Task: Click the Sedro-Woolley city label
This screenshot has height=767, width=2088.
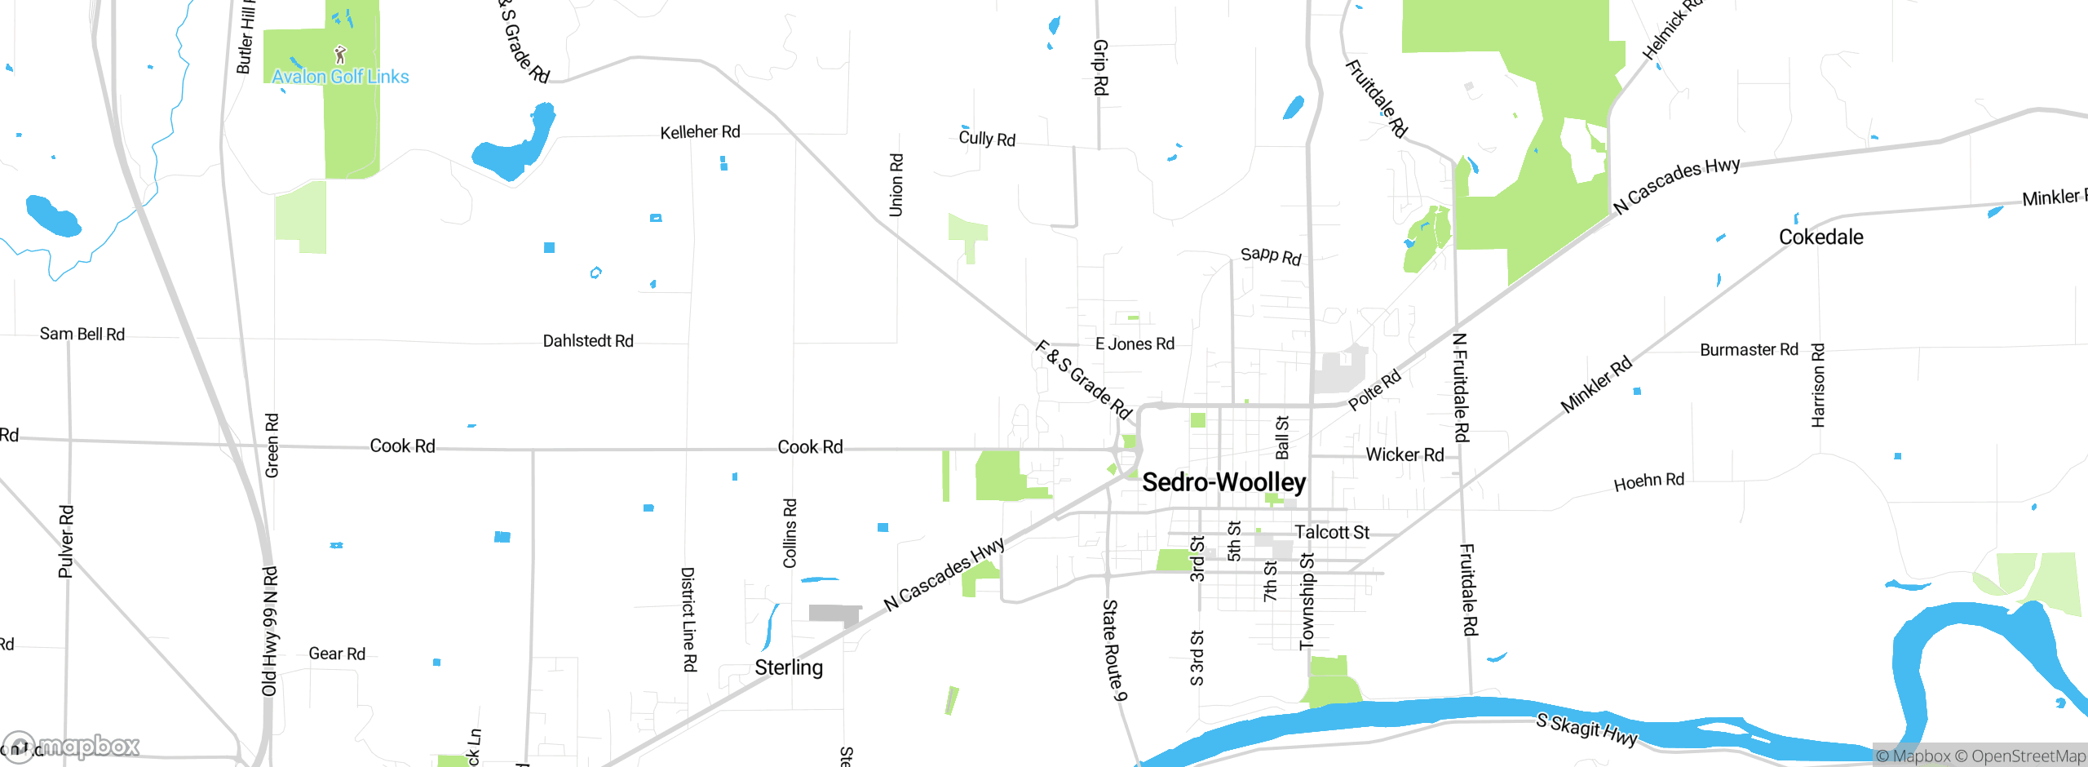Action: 1223,482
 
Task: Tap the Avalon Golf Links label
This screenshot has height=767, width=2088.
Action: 340,77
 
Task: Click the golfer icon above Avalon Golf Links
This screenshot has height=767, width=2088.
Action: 341,55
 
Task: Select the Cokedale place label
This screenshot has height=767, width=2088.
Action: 1820,237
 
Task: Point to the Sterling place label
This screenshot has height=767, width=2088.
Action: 788,667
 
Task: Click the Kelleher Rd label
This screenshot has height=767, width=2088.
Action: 700,132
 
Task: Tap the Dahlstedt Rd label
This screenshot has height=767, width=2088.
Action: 588,341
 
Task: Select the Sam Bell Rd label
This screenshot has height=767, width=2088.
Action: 82,334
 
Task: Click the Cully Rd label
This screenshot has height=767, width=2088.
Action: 987,139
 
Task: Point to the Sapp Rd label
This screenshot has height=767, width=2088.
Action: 1271,256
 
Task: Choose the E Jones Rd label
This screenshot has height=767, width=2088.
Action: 1135,344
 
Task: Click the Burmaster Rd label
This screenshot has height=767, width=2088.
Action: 1749,350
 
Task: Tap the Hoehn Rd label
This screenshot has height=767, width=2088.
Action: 1648,481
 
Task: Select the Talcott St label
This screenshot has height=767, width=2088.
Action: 1331,532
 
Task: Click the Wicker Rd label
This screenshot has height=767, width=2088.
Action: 1405,454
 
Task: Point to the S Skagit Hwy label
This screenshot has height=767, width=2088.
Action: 1586,729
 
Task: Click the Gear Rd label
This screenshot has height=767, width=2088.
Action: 337,654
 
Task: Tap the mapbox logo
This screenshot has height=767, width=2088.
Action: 72,747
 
